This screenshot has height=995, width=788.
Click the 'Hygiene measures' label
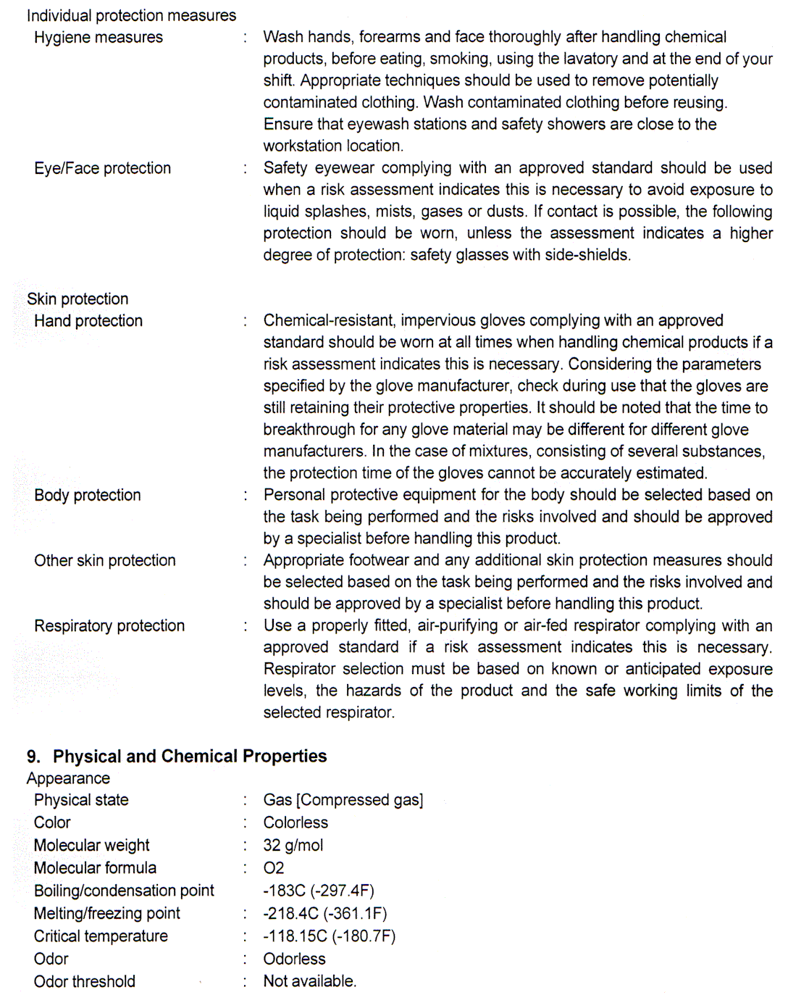pyautogui.click(x=98, y=38)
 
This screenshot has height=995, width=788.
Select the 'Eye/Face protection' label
pyautogui.click(x=102, y=168)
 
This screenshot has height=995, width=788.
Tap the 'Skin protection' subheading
pyautogui.click(x=77, y=299)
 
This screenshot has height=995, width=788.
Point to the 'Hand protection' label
pyautogui.click(x=88, y=321)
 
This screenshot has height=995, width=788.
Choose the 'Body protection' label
pyautogui.click(x=88, y=495)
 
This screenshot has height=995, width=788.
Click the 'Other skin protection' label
pyautogui.click(x=105, y=560)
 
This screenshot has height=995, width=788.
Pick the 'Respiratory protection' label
pyautogui.click(x=109, y=625)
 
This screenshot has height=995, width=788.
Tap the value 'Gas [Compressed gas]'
pyautogui.click(x=343, y=800)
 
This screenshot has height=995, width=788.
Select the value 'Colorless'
pyautogui.click(x=295, y=823)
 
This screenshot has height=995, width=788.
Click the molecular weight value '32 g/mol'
pyautogui.click(x=293, y=845)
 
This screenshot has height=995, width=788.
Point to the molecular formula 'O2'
pyautogui.click(x=274, y=867)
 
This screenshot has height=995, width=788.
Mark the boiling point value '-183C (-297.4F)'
pyautogui.click(x=319, y=891)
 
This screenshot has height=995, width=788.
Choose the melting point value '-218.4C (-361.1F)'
pyautogui.click(x=325, y=913)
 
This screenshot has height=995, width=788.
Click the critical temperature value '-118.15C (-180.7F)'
pyautogui.click(x=330, y=936)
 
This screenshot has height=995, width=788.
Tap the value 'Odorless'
pyautogui.click(x=294, y=959)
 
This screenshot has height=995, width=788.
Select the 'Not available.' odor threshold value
pyautogui.click(x=310, y=981)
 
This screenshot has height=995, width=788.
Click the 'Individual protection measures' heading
pyautogui.click(x=131, y=15)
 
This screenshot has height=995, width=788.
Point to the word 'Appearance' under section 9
pyautogui.click(x=68, y=778)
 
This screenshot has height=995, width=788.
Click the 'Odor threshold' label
pyautogui.click(x=85, y=981)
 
